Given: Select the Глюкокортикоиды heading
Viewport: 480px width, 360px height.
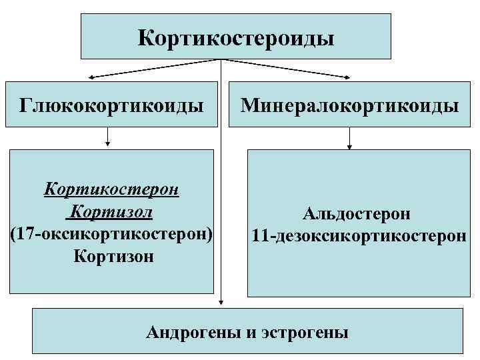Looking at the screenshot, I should pyautogui.click(x=112, y=105).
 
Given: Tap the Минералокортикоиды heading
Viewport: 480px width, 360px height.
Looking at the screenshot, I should pyautogui.click(x=350, y=105).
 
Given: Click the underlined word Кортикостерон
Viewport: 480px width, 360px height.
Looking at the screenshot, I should pyautogui.click(x=111, y=189).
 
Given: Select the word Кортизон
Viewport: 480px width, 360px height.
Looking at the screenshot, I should pyautogui.click(x=114, y=256).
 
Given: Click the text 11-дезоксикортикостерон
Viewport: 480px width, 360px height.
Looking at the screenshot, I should pyautogui.click(x=359, y=236).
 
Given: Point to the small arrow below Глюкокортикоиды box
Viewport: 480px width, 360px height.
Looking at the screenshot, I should pyautogui.click(x=107, y=141).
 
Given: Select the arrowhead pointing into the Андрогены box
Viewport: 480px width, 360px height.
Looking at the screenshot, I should pyautogui.click(x=221, y=303).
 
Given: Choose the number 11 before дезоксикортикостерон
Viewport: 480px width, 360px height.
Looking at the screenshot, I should pyautogui.click(x=260, y=236).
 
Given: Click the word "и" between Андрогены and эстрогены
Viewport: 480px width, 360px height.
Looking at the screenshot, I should pyautogui.click(x=250, y=332).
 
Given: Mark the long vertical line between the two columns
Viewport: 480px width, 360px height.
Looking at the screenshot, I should pyautogui.click(x=221, y=187).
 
